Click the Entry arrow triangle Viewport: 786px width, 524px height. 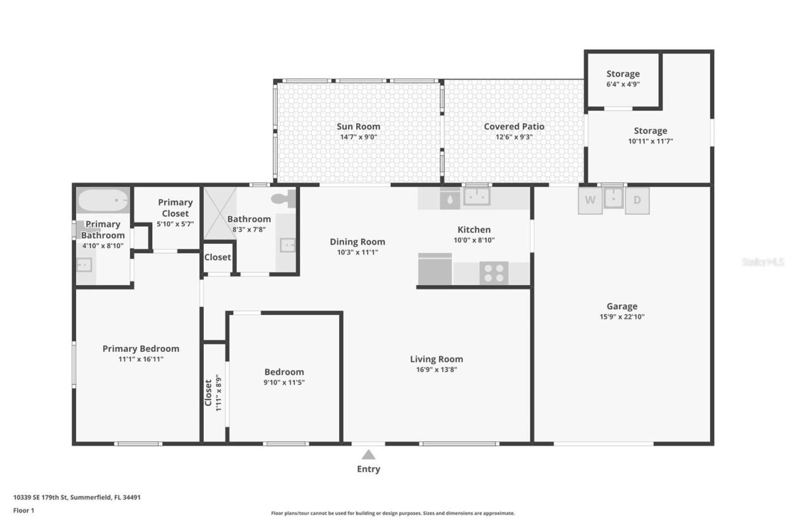[x=368, y=455]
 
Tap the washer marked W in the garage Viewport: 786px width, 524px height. [x=590, y=200]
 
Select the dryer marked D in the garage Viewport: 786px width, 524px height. [x=637, y=200]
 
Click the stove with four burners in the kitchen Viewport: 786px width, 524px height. [x=494, y=273]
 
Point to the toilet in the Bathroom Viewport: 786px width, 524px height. [x=285, y=198]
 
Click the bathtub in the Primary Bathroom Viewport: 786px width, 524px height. [x=103, y=200]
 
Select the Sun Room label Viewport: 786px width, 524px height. [x=358, y=127]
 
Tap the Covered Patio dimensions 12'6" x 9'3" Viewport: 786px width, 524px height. [x=514, y=137]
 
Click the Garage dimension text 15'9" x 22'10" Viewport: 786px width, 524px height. [x=622, y=317]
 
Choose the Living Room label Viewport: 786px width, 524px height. [x=437, y=359]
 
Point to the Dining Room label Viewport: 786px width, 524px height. [x=357, y=241]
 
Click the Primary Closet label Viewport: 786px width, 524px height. [x=175, y=208]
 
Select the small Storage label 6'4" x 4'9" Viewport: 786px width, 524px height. [x=623, y=84]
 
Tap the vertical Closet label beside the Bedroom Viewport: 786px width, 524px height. [x=208, y=392]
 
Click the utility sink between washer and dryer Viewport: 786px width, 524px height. [x=613, y=198]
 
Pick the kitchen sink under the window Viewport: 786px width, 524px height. [x=477, y=197]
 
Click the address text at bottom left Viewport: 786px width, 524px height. [x=77, y=498]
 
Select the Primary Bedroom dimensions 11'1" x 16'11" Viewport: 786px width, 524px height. [x=141, y=359]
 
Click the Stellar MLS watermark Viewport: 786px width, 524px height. [x=763, y=262]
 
